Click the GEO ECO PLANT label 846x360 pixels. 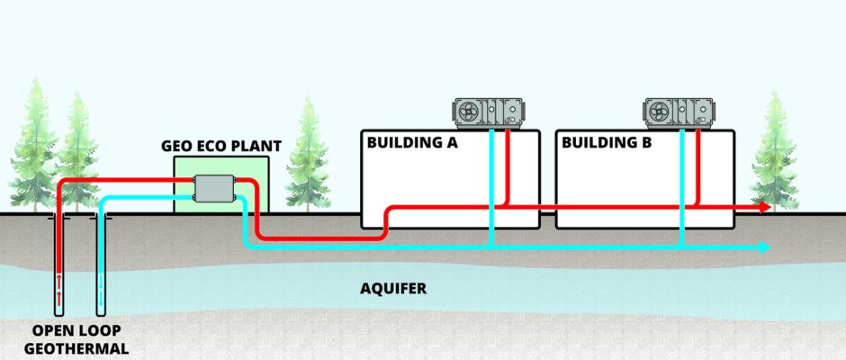tap(221, 145)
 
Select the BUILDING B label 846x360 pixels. tap(604, 143)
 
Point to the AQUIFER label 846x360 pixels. tap(392, 289)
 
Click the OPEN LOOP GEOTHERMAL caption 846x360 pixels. tap(75, 340)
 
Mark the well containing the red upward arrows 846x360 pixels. tap(59, 270)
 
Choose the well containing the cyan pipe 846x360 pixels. tap(100, 270)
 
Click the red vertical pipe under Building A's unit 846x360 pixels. tap(508, 166)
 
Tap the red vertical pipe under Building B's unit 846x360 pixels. tap(698, 166)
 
